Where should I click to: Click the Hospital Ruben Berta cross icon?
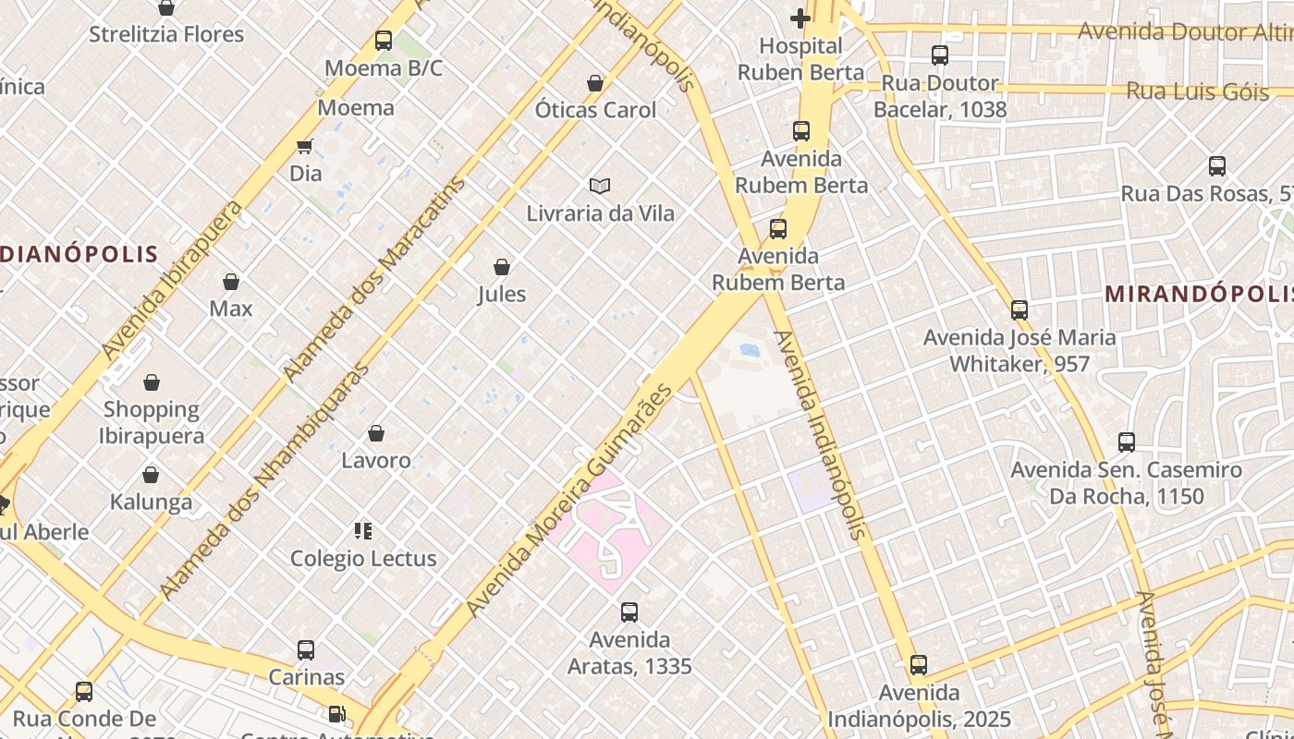pos(800,18)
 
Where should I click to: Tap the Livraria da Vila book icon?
pos(600,186)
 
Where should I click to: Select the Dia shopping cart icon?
pos(305,146)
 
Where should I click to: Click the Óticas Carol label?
pos(595,110)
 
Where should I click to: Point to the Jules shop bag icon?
pos(502,267)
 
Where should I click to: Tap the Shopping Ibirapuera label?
pos(151,422)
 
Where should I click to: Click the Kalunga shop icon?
pos(151,475)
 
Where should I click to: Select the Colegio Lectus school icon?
pos(363,530)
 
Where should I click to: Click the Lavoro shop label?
pos(376,460)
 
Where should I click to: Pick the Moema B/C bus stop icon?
pos(384,41)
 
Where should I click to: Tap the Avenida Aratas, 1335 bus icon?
pos(629,612)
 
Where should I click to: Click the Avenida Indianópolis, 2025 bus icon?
pos(918,665)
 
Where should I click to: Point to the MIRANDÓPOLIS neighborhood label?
pos(1199,294)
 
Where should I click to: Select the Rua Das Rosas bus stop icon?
pos(1217,166)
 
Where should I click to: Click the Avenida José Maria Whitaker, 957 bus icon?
pos(1019,310)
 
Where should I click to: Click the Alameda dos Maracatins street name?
pos(374,278)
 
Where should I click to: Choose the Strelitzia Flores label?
pos(166,34)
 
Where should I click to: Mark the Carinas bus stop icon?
pos(306,649)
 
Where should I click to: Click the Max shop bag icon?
pos(231,281)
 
